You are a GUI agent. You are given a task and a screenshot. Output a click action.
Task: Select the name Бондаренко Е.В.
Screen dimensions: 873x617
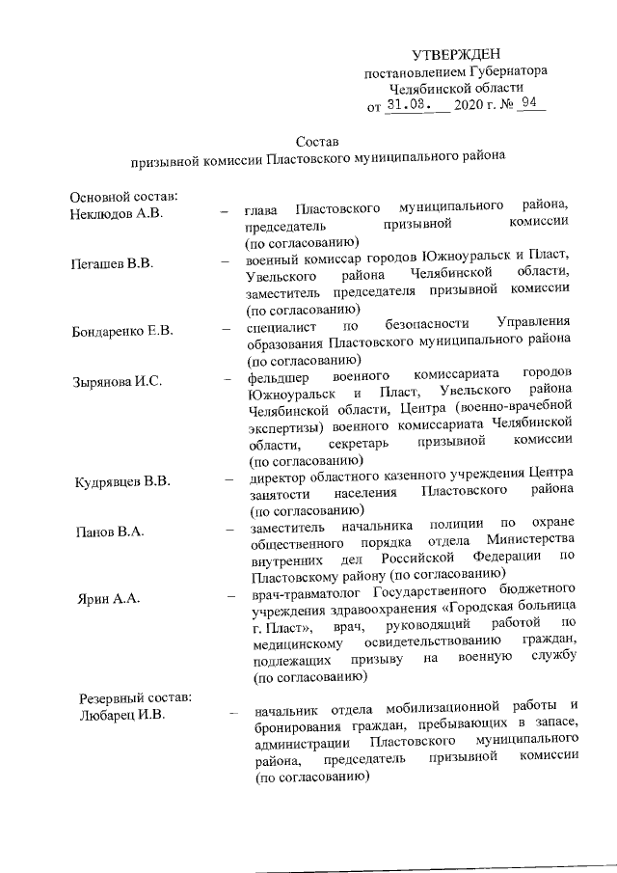122,332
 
